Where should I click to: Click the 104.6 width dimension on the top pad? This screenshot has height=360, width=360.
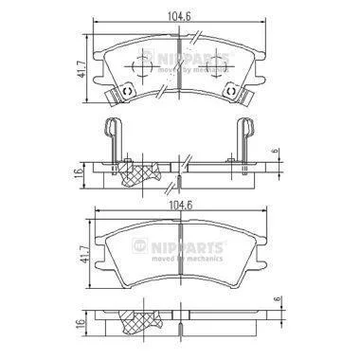179,16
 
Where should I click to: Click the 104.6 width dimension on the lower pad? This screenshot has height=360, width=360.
181,206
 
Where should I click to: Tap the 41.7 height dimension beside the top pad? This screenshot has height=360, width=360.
81,69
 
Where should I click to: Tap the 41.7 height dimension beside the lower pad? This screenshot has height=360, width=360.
84,255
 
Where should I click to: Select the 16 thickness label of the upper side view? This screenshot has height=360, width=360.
79,174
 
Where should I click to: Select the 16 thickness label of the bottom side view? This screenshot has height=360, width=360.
81,324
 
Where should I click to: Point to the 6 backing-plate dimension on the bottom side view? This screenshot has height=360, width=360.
279,299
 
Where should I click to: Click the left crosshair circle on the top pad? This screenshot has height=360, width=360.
142,66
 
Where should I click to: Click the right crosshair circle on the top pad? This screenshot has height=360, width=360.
217,66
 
